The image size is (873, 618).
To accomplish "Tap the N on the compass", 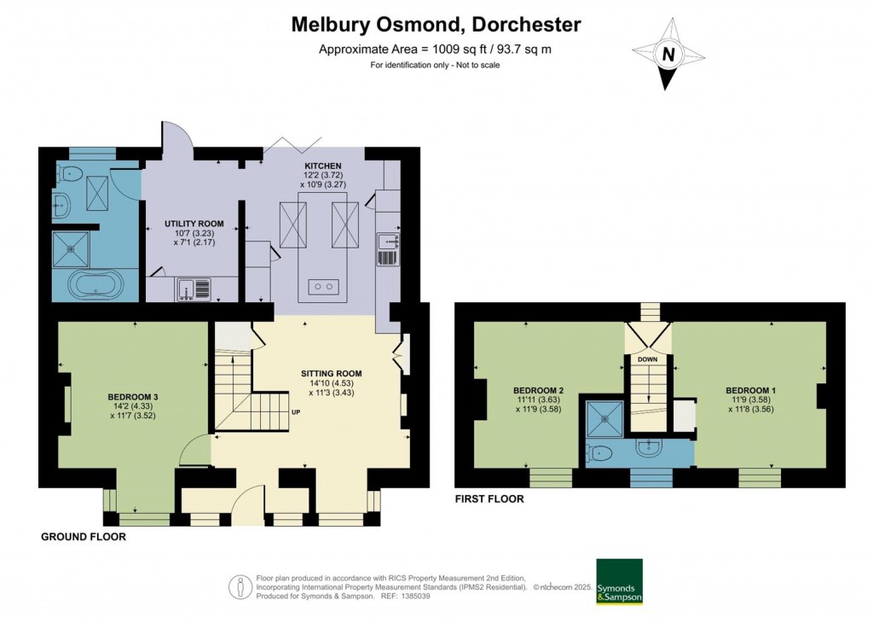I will (x=669, y=55).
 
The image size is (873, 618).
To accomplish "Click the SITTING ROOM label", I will (x=331, y=373).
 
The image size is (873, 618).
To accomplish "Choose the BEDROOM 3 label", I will (x=133, y=397).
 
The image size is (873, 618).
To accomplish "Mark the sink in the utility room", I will (x=189, y=290).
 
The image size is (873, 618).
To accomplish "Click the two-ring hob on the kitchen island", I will (x=324, y=286).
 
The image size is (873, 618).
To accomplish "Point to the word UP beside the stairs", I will (x=296, y=412).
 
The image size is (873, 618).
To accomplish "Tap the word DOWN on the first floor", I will (x=648, y=359).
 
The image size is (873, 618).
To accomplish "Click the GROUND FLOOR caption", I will (x=84, y=538).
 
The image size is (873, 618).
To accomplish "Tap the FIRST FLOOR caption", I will (x=489, y=498).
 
